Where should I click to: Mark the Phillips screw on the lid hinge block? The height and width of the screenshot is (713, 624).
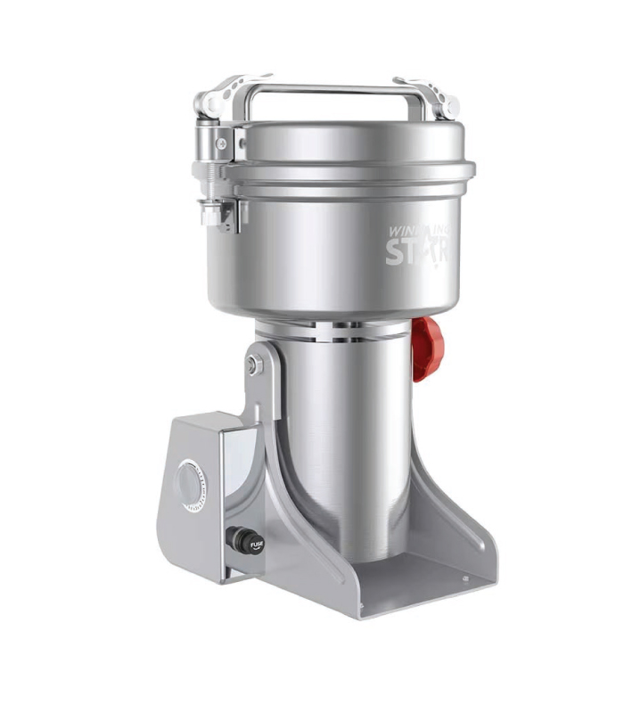[x=219, y=143]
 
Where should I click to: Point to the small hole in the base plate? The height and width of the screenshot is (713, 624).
[x=464, y=580]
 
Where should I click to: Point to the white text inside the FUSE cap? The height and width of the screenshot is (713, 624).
[x=256, y=543]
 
